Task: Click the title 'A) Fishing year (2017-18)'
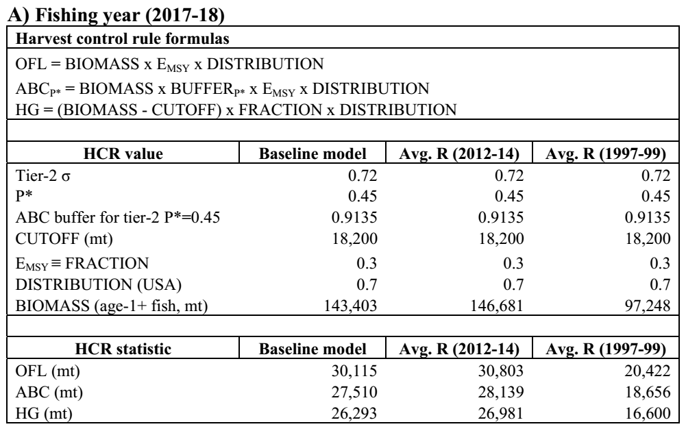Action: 117,15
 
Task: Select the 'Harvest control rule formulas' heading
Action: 123,38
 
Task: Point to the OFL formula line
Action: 169,64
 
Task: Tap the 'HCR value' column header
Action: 123,153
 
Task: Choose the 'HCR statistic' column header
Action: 123,349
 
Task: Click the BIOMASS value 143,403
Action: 350,306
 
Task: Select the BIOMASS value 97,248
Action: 647,306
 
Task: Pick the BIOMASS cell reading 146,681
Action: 497,306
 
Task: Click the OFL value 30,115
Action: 354,371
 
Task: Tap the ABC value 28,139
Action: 500,392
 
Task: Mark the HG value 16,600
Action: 648,413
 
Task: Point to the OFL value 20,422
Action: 647,371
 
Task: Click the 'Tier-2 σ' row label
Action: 43,175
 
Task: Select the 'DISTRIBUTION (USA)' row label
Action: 99,284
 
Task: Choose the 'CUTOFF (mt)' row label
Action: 64,238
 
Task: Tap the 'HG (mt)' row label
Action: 44,413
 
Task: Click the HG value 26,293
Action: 354,413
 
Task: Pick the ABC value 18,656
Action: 648,392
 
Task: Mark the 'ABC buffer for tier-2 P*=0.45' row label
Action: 118,217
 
